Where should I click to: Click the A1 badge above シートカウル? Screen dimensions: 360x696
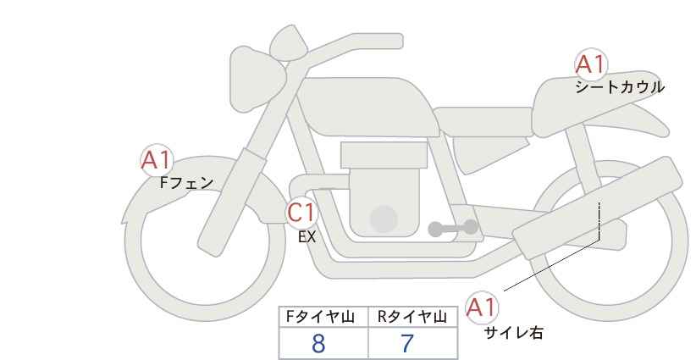590,65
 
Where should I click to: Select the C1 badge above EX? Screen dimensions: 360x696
301,212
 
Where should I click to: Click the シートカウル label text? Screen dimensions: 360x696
619,87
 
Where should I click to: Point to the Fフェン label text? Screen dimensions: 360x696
186,181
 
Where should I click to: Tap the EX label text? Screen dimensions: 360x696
307,237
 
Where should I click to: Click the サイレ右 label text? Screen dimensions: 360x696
514,333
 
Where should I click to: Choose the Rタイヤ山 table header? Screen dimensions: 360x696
412,317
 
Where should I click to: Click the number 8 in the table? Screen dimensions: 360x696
318,343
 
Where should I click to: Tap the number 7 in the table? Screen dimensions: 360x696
407,343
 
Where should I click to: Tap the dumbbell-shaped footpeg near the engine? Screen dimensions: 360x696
453,228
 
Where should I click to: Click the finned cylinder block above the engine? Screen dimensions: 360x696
384,156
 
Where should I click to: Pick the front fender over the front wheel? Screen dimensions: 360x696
169,186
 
